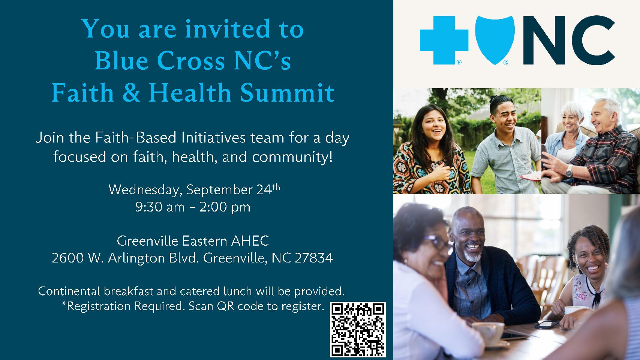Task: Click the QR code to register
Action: coord(358,329)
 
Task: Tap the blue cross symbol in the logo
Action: coord(444,40)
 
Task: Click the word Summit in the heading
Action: coord(287,93)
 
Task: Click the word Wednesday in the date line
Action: coord(145,190)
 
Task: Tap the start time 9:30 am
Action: coord(160,207)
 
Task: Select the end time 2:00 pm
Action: coord(225,207)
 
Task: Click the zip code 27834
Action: coord(314,258)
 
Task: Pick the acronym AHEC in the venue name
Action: coord(250,241)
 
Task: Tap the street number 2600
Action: coord(68,258)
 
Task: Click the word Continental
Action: coord(69,291)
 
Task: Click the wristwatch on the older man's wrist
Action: coord(569,171)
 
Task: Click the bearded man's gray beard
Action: coord(473,255)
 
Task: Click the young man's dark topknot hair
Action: coord(501,101)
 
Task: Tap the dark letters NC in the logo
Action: coord(569,40)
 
